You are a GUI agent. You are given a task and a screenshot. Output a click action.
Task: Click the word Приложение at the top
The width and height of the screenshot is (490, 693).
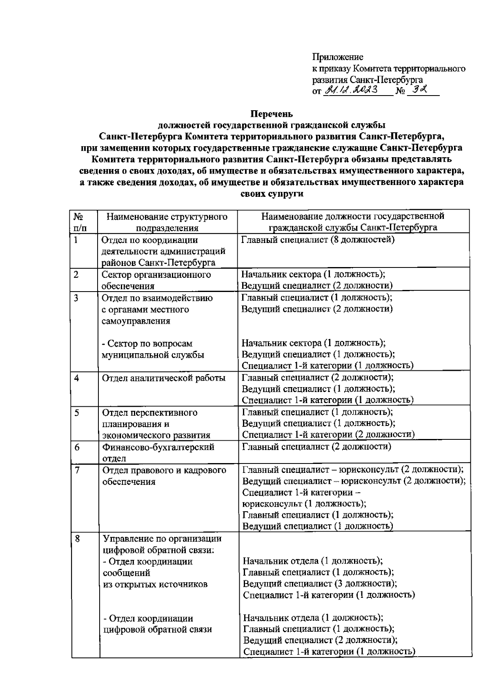(x=338, y=57)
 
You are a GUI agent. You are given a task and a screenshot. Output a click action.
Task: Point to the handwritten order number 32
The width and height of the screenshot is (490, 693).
(x=419, y=89)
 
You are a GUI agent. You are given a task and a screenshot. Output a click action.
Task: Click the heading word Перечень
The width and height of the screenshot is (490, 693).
(x=272, y=113)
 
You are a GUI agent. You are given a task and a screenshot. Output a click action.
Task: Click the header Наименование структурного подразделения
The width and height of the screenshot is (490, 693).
(x=167, y=222)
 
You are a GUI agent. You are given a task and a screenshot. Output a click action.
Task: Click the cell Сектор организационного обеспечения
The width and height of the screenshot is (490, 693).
(x=156, y=280)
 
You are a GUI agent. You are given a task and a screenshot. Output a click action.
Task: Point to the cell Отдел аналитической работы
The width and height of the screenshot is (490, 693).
(x=163, y=378)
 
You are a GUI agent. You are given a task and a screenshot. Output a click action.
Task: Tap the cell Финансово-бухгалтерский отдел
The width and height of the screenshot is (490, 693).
(x=158, y=452)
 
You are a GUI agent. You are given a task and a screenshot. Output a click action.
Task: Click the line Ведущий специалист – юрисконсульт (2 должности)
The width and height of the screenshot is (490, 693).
(x=354, y=481)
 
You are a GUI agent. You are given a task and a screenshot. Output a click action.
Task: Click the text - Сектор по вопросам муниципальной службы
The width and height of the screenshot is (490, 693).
(x=153, y=349)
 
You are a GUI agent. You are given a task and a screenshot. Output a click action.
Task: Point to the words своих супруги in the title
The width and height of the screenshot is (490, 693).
(x=272, y=194)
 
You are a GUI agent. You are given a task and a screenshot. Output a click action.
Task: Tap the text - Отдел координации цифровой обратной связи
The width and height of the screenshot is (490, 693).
(x=157, y=624)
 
